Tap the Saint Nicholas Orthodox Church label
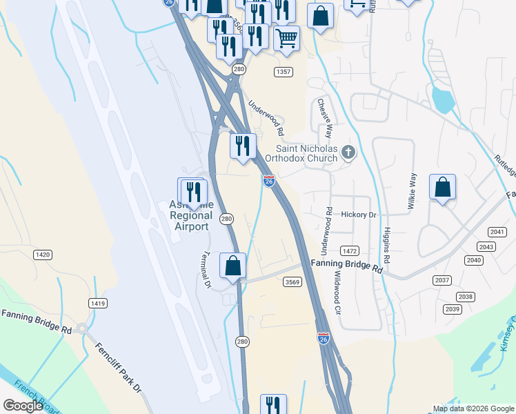click(307, 152)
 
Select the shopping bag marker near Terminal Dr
click(233, 266)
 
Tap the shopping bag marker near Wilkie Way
click(442, 188)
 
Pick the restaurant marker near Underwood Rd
click(243, 146)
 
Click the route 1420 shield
click(43, 255)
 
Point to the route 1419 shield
click(97, 303)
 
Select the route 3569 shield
click(291, 281)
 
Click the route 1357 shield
click(283, 72)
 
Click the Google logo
click(23, 406)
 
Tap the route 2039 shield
click(453, 309)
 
